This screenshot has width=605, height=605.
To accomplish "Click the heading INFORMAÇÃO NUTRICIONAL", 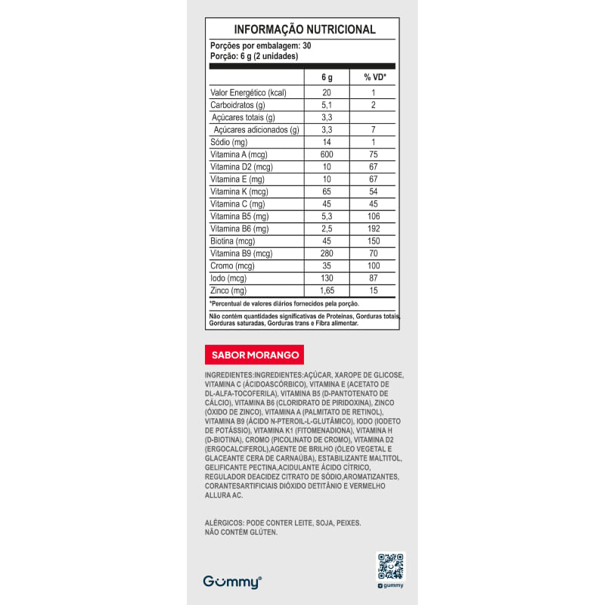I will (304, 29).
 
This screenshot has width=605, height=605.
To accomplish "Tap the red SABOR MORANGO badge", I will (255, 355).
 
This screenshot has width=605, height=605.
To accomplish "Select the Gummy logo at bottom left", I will (232, 582).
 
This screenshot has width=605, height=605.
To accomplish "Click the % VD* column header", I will (374, 77).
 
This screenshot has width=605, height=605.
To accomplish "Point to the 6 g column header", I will (327, 77).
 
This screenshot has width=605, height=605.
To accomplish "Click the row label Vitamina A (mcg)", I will (234, 154).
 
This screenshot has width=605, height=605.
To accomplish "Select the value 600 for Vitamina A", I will (327, 154).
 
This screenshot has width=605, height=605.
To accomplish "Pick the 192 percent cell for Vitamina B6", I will (374, 228).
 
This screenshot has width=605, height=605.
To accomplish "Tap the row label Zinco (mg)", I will (228, 290).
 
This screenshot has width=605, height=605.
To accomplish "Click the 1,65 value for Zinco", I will (327, 290).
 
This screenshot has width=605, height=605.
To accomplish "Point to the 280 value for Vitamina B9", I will (327, 253).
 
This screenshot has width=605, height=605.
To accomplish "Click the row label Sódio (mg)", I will (229, 142).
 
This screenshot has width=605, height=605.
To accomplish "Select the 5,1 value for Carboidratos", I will (327, 105).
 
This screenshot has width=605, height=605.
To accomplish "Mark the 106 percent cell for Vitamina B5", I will (374, 216).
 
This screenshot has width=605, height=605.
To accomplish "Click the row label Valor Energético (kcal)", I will (248, 92).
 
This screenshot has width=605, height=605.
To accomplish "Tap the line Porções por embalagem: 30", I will (260, 46).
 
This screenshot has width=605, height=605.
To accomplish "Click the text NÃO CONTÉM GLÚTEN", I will (241, 532).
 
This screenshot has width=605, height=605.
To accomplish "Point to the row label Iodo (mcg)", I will (227, 278).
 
